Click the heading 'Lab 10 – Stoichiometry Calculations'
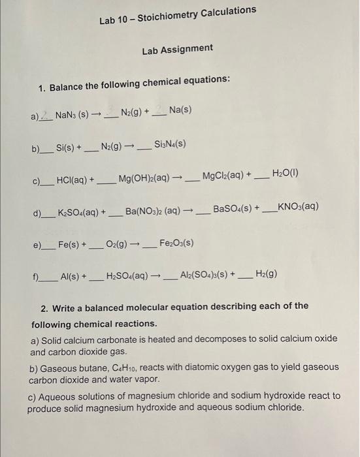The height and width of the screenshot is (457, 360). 178,15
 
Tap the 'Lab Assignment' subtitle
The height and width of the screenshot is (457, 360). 177,49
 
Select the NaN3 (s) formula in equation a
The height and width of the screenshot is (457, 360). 72,115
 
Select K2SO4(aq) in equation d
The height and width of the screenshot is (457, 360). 80,213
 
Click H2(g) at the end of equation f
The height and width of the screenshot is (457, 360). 266,274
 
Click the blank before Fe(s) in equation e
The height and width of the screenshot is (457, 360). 48,248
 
